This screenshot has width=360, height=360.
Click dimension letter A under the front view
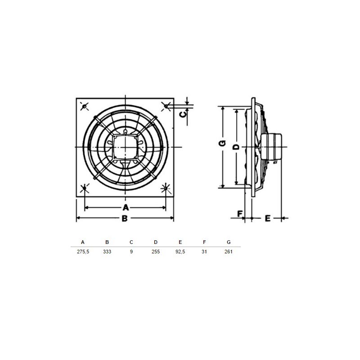coord(126,207)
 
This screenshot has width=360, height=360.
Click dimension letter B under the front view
coord(125,218)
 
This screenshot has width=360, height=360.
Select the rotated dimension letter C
coord(183,114)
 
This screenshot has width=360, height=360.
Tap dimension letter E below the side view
coord(268,218)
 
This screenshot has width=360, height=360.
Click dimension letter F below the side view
coord(240,214)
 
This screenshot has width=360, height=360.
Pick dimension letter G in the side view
coord(222,143)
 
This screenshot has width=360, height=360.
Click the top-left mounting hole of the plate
coord(85,106)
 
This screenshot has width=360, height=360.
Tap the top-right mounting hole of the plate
coord(166,106)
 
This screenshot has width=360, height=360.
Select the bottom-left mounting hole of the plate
coord(85,188)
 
